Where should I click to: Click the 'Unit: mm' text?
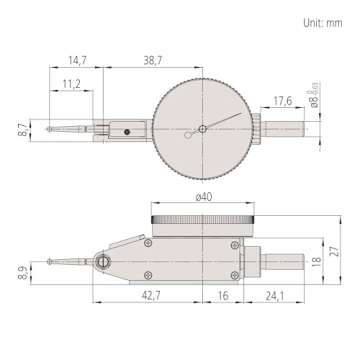click(325, 19)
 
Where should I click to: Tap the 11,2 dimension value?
click(72, 85)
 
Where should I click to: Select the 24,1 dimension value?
click(272, 296)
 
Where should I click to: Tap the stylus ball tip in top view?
click(50, 127)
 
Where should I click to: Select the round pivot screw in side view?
click(105, 261)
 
